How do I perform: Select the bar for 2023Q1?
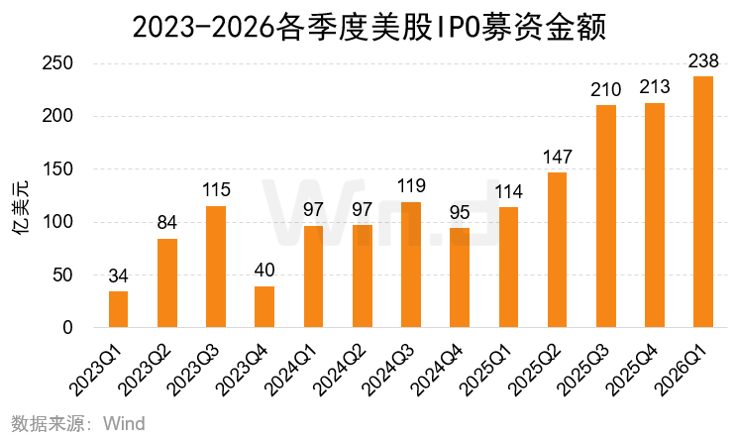(118, 309)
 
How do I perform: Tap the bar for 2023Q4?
(264, 306)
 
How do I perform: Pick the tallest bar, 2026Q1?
(703, 202)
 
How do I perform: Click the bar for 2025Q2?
(557, 250)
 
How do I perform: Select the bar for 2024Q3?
(410, 265)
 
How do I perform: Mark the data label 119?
(410, 187)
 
